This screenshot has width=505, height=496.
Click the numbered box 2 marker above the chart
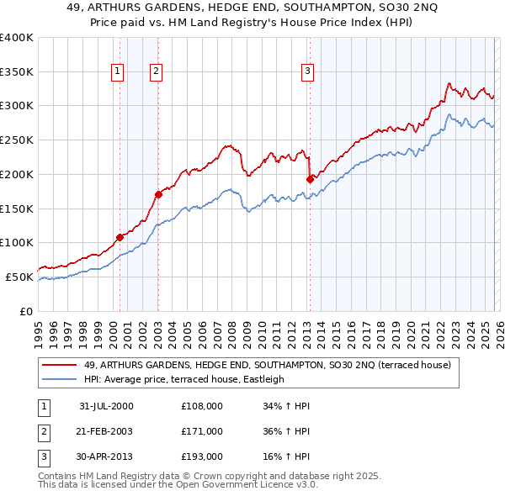tap(157, 72)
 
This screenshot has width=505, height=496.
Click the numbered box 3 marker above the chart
tap(308, 72)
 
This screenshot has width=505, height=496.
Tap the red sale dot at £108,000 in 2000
tap(120, 237)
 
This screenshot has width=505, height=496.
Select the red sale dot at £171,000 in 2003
tap(158, 194)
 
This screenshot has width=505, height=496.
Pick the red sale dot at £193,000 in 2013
tap(310, 179)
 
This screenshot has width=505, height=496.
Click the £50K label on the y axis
tap(19, 277)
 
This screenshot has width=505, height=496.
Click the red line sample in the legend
tap(60, 365)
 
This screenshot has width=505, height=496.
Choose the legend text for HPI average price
tap(184, 379)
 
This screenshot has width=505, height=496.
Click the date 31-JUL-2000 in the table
tap(106, 406)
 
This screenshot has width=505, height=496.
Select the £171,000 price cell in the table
tap(202, 431)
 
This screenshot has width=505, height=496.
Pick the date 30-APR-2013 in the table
tap(106, 456)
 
